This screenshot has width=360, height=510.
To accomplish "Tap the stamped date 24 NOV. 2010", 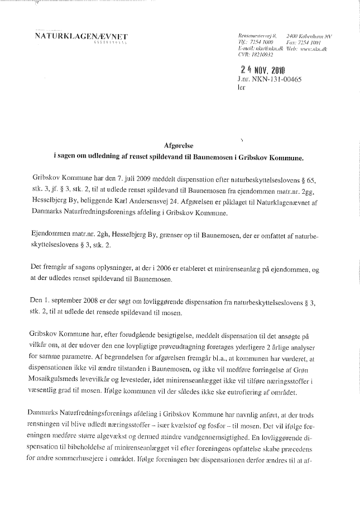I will click(x=262, y=70).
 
